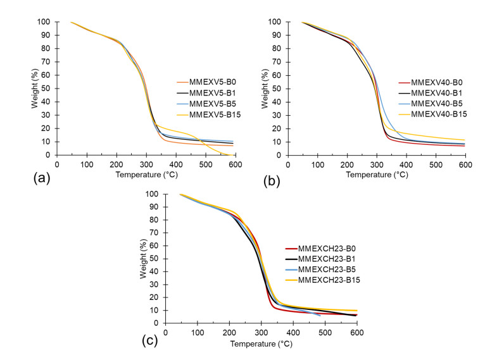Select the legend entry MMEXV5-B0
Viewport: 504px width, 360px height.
coord(204,82)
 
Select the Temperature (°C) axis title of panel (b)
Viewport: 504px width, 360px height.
coord(377,175)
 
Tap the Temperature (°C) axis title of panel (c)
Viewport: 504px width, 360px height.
coord(261,345)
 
